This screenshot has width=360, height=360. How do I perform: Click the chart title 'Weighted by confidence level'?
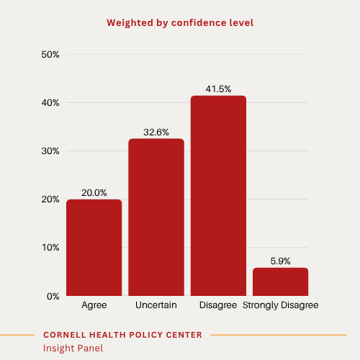[180, 22]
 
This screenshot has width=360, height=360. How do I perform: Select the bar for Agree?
[94, 248]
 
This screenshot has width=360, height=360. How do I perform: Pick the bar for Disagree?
[218, 196]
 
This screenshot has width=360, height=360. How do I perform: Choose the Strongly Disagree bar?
[281, 282]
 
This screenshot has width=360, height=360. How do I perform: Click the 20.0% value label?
[94, 192]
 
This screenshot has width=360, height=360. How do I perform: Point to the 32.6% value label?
[156, 132]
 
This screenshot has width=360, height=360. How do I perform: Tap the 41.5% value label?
[218, 89]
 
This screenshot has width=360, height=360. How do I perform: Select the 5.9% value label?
[281, 261]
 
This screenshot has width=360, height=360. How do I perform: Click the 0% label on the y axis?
[52, 296]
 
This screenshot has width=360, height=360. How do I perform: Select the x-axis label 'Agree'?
[94, 305]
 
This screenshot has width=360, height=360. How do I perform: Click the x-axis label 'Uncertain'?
[156, 305]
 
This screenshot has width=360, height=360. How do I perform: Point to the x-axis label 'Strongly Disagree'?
[281, 305]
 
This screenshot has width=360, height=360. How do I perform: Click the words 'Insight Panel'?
[73, 348]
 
